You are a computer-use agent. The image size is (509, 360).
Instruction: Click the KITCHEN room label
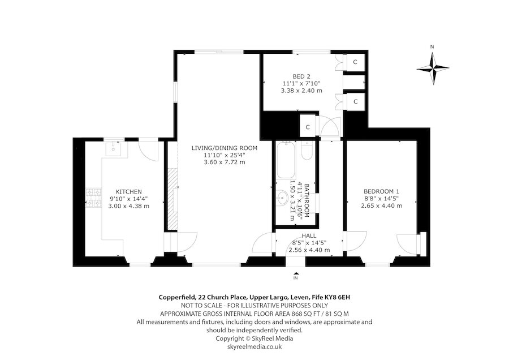click(x=128, y=191)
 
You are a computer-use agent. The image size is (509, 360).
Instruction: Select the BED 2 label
click(x=301, y=76)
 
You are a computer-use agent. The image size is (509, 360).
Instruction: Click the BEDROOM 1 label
click(x=381, y=191)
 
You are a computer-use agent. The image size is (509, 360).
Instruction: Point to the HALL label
click(x=309, y=236)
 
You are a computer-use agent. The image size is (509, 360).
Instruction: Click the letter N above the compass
click(x=432, y=47)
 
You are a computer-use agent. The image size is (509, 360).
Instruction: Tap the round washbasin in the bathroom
click(x=282, y=199)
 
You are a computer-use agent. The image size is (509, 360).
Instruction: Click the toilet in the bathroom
click(x=307, y=152)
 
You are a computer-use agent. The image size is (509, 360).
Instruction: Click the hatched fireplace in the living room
click(x=172, y=200)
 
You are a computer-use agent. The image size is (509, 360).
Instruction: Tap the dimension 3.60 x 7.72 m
click(x=225, y=162)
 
